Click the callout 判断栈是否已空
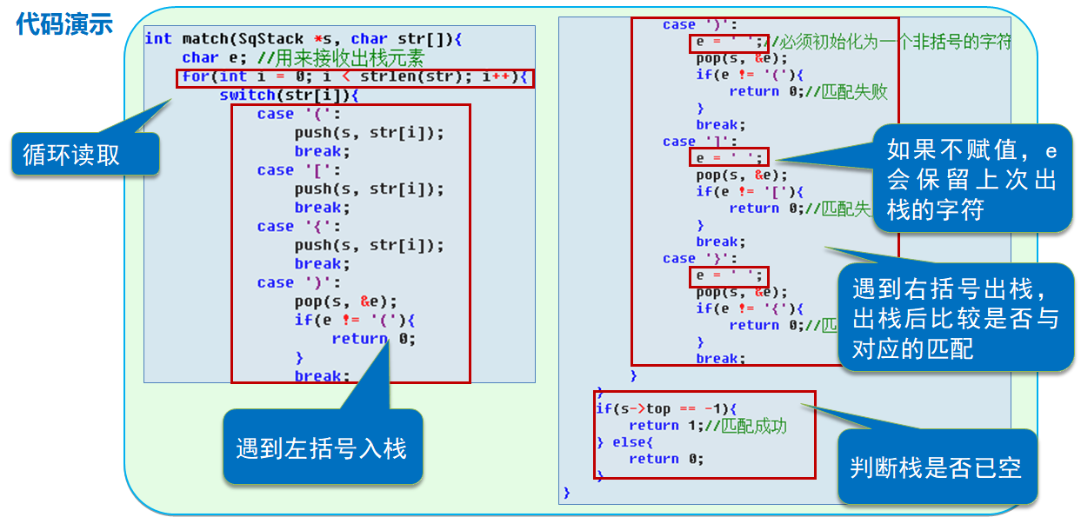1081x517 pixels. [936, 468]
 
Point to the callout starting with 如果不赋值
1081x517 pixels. [971, 179]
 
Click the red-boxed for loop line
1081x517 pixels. [356, 77]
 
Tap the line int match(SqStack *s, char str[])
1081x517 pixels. [304, 39]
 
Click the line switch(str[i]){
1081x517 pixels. [289, 96]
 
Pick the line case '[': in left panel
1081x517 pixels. [288, 170]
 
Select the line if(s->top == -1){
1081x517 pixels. [665, 408]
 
